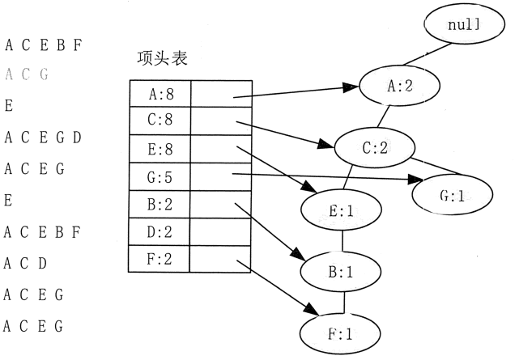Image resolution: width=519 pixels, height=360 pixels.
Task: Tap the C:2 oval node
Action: click(x=376, y=146)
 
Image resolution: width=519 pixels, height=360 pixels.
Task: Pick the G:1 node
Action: click(x=451, y=194)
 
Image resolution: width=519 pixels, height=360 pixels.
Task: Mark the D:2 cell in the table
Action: click(x=160, y=232)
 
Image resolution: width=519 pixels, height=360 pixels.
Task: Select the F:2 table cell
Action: click(x=160, y=259)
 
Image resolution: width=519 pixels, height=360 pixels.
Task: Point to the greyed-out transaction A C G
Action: click(x=27, y=74)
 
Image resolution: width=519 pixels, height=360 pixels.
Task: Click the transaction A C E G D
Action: click(x=43, y=138)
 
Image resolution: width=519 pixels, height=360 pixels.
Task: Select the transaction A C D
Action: click(x=27, y=264)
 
